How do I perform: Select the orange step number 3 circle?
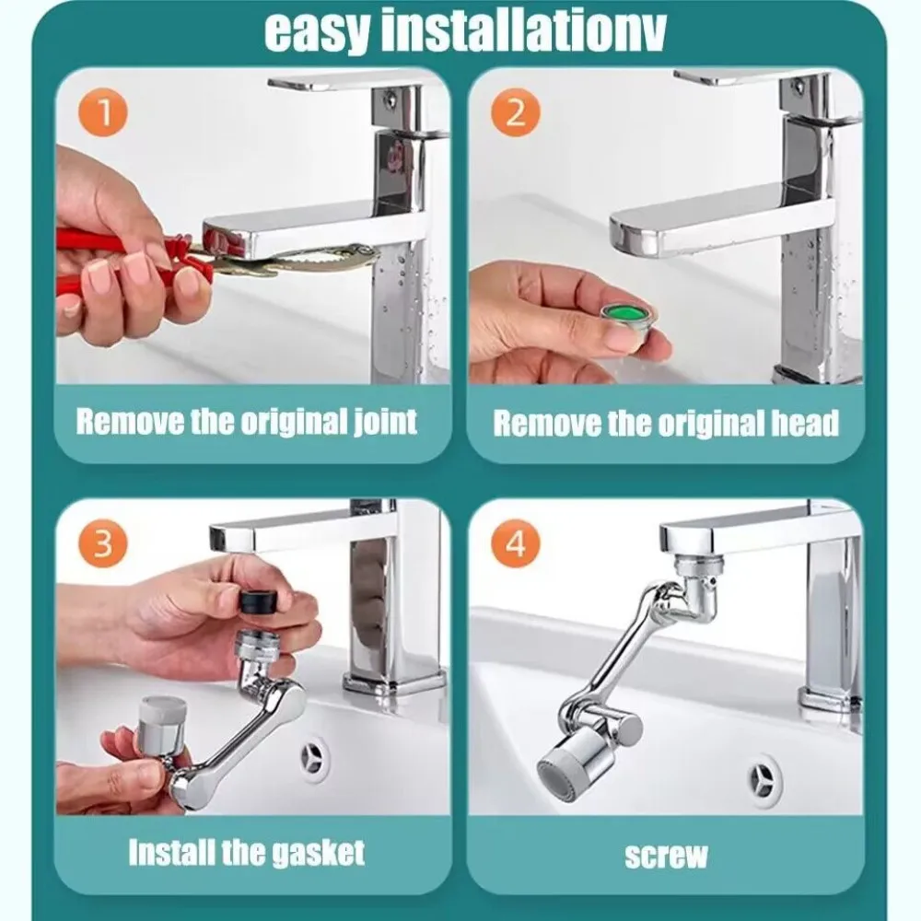point(103,542)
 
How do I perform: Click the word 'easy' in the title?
point(315,32)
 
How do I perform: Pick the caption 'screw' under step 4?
point(666,855)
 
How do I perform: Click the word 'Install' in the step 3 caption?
point(169,852)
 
